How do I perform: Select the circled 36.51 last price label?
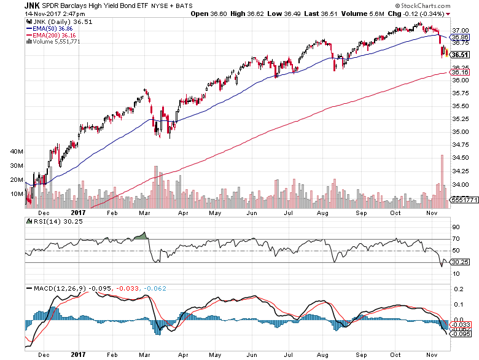pos(461,55)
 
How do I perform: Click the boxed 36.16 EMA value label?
pos(461,72)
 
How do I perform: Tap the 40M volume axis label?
pos(16,151)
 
